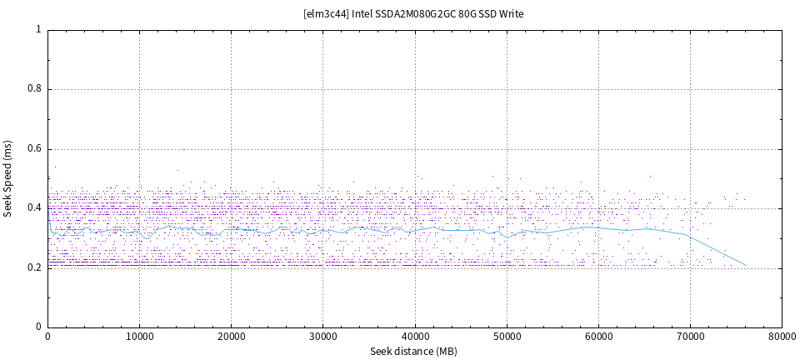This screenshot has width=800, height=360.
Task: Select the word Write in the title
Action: point(511,14)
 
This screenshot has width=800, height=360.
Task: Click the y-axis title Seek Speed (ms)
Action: point(8,178)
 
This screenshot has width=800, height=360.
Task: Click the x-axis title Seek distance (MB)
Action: point(414,352)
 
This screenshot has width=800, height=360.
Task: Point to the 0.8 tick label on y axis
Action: point(33,89)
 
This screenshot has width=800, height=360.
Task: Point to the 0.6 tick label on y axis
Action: point(33,149)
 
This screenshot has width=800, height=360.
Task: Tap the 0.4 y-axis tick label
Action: point(33,208)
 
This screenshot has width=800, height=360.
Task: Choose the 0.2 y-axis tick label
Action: point(33,268)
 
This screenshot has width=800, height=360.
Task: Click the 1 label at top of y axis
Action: point(38,29)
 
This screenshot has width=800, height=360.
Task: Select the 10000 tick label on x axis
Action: point(139,337)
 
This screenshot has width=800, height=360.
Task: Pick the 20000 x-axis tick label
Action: point(231,337)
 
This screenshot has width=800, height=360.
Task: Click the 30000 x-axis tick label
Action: point(322,337)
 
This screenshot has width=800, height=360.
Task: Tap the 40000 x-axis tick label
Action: point(414,337)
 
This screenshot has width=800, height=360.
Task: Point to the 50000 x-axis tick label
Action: point(507,337)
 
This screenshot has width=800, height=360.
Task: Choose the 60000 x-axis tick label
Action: point(598,337)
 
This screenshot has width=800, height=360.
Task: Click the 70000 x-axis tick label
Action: point(690,337)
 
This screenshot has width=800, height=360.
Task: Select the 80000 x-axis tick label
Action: point(782,337)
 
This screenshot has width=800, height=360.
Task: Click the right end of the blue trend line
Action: point(746,265)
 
